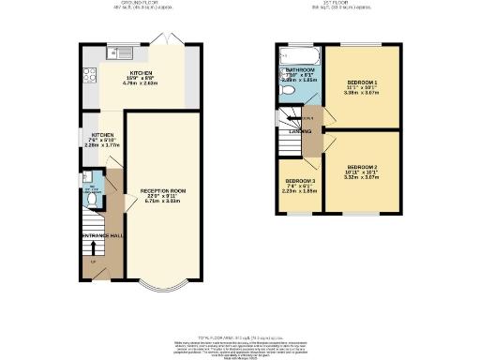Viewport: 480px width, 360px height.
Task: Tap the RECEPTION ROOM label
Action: (x=163, y=190)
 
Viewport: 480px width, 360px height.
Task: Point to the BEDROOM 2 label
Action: (x=360, y=171)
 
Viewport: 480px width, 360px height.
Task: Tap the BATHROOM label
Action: (x=300, y=69)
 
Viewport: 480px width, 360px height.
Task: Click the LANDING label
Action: (x=302, y=131)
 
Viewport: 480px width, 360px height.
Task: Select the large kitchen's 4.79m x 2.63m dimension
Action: (x=142, y=81)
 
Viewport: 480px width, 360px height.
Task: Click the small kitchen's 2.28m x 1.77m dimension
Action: (x=100, y=145)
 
